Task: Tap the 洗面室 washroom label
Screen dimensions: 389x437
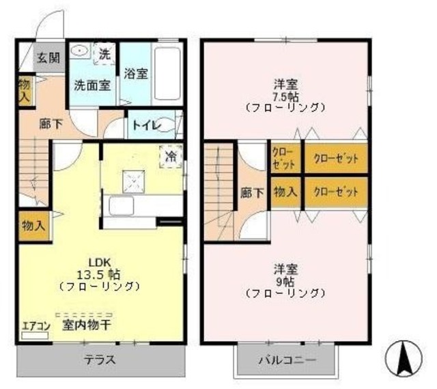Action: point(92,86)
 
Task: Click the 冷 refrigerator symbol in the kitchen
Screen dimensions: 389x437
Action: point(170,156)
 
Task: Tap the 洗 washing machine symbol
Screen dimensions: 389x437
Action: point(105,53)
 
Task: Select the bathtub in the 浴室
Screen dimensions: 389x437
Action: point(167,73)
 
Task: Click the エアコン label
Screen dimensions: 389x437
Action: point(36,326)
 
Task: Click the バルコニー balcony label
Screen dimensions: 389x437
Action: point(287,360)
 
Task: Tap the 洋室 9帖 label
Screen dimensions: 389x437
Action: point(285,280)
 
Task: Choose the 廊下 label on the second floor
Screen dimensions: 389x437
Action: point(253,193)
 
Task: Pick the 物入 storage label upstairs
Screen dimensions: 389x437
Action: point(285,192)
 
